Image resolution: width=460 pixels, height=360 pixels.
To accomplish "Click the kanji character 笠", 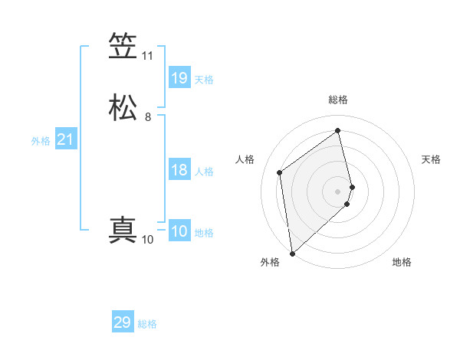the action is [x=123, y=47].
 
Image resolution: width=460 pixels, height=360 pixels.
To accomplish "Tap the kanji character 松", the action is [x=123, y=108].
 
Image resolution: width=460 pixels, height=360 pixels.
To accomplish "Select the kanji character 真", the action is [x=123, y=231].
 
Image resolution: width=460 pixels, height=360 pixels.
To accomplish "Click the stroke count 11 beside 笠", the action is [x=147, y=56].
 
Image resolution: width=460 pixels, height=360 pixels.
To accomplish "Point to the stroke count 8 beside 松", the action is [x=148, y=117].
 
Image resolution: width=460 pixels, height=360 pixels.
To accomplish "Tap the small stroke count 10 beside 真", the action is [x=147, y=240].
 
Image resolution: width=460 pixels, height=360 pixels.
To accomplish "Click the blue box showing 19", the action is [x=179, y=78].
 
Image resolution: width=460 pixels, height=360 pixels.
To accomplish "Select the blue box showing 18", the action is [x=179, y=170].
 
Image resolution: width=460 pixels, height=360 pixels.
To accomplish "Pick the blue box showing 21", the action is [x=65, y=139].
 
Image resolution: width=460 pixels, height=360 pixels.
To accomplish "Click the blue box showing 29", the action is [x=123, y=322].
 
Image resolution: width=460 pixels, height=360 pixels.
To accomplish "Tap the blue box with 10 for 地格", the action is [x=179, y=231].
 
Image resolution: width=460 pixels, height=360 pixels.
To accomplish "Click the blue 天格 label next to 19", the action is [x=204, y=80].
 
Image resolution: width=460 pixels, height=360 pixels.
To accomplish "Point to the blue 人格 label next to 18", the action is [x=204, y=172].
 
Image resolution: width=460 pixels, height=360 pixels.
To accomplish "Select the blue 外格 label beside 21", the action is [x=41, y=141].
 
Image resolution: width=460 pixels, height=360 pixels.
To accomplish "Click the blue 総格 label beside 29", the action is [x=147, y=324].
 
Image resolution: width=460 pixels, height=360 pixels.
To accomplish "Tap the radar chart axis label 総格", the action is [x=338, y=100].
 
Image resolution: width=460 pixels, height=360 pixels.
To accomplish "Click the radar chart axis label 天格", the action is [x=431, y=159].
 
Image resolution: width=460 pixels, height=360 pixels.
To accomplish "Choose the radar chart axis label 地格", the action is [x=402, y=263].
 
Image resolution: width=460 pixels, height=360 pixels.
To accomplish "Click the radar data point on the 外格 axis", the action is [x=291, y=253].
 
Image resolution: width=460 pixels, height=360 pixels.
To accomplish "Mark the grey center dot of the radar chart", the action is [x=338, y=190].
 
